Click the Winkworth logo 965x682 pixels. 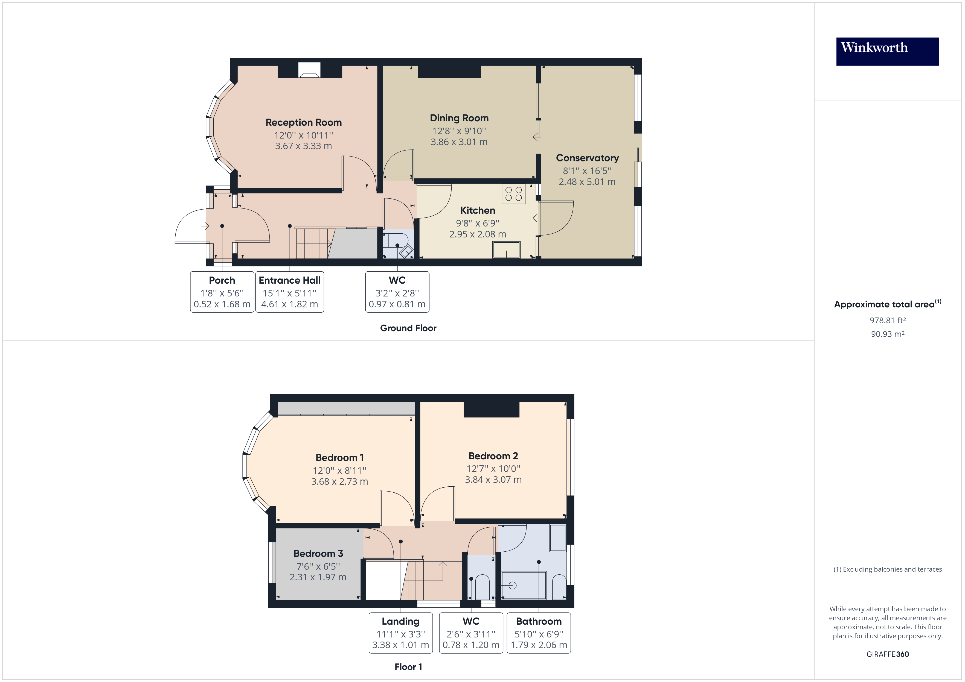(887, 51)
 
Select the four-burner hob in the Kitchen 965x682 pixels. (513, 194)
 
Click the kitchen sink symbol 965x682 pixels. (507, 249)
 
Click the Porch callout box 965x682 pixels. (222, 292)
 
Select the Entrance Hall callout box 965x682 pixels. (290, 292)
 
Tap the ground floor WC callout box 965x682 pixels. (397, 292)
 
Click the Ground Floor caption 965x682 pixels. (408, 328)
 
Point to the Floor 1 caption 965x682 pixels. (408, 667)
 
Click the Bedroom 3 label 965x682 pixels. (318, 554)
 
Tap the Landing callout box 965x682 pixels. (400, 633)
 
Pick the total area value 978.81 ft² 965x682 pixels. (887, 321)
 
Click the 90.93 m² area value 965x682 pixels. (887, 334)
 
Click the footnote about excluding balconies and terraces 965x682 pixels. (887, 569)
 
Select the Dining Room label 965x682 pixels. (459, 118)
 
